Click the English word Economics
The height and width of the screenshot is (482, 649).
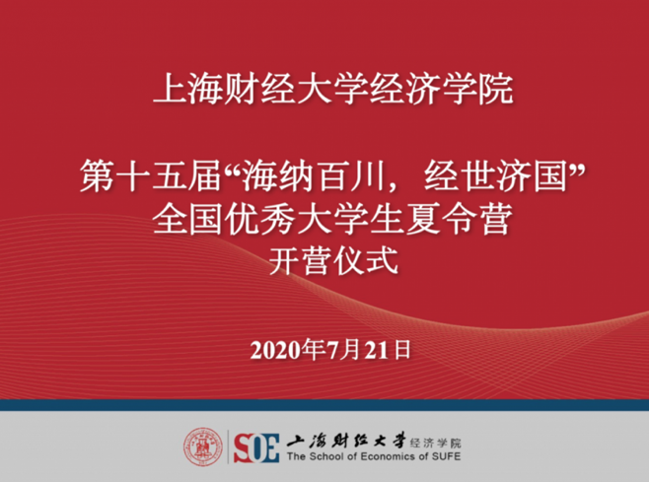point(382,457)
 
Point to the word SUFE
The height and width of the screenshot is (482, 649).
point(443,457)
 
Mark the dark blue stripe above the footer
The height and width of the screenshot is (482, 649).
point(324,405)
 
